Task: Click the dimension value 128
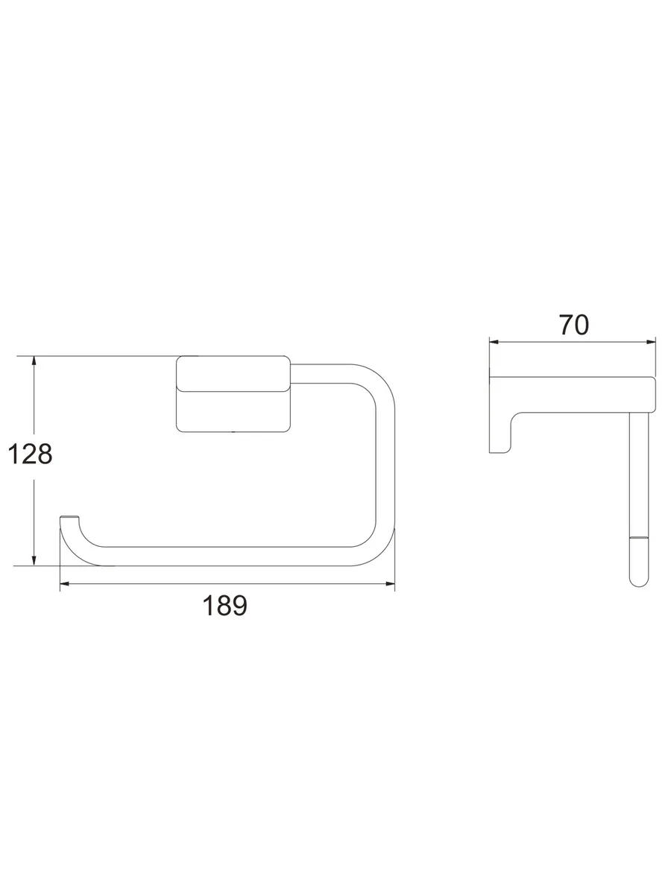pos(30,454)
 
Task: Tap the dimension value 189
pos(225,605)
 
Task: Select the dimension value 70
pos(573,325)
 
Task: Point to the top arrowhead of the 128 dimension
pos(34,361)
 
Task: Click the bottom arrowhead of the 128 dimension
pos(34,561)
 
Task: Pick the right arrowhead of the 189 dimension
pos(390,584)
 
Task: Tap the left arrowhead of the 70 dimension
pos(494,342)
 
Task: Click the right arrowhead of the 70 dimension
pos(651,342)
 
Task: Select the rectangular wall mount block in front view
pos(233,394)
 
